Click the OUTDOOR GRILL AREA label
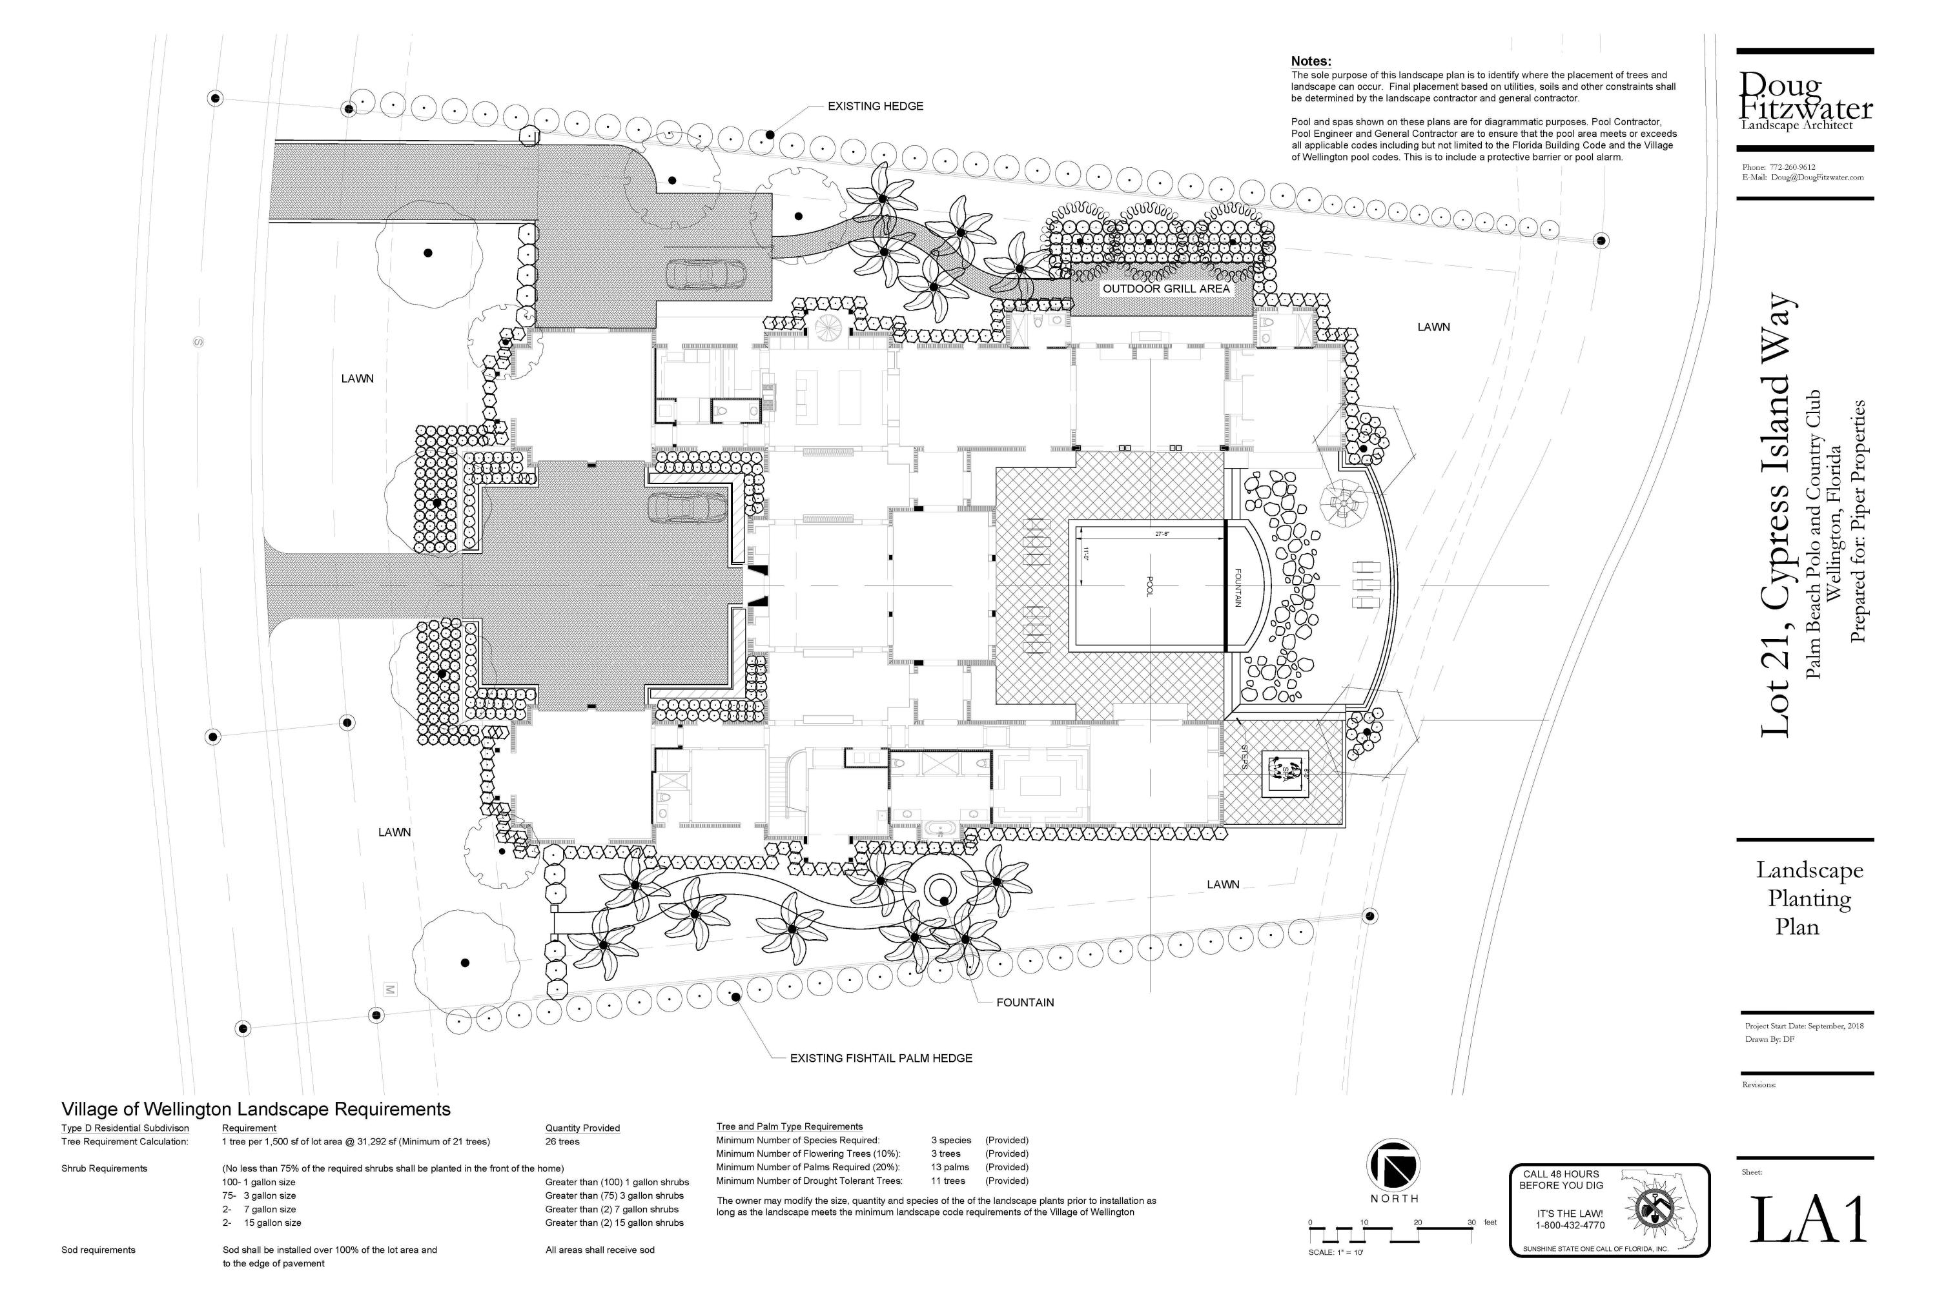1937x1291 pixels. pyautogui.click(x=1165, y=289)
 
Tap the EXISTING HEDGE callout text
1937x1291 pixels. pyautogui.click(x=875, y=107)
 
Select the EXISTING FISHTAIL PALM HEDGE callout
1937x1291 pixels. pyautogui.click(x=881, y=1058)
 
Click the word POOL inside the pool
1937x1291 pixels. pyautogui.click(x=1150, y=586)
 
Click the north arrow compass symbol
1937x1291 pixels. pyautogui.click(x=1393, y=1164)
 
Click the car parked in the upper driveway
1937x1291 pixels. pyautogui.click(x=705, y=273)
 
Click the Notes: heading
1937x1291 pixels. pyautogui.click(x=1310, y=61)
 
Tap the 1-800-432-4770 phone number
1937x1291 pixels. pyautogui.click(x=1570, y=1225)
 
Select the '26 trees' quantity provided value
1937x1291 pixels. pyautogui.click(x=562, y=1141)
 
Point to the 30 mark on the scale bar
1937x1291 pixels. pyautogui.click(x=1471, y=1222)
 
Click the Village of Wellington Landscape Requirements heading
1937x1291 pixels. pyautogui.click(x=256, y=1109)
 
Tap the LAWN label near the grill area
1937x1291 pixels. pyautogui.click(x=1433, y=327)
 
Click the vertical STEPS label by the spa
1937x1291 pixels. pyautogui.click(x=1244, y=757)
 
